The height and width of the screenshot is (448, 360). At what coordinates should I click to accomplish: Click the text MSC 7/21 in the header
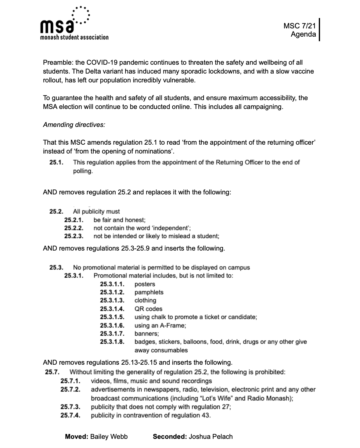pyautogui.click(x=299, y=26)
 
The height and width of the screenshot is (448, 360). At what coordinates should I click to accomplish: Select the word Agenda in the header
pyautogui.click(x=303, y=34)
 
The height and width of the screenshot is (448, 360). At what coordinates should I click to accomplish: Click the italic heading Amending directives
pyautogui.click(x=74, y=125)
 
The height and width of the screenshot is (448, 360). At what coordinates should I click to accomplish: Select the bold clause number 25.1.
pyautogui.click(x=56, y=162)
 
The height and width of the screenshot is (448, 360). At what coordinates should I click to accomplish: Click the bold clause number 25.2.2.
pyautogui.click(x=74, y=228)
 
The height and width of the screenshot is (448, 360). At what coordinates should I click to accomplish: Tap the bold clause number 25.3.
pyautogui.click(x=56, y=268)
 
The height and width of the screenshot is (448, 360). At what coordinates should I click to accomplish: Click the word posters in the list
pyautogui.click(x=145, y=284)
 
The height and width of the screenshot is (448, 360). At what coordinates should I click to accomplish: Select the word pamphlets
pyautogui.click(x=149, y=292)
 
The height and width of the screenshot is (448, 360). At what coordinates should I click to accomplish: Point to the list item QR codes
pyautogui.click(x=148, y=309)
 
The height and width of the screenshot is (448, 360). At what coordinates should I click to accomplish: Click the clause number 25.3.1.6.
pyautogui.click(x=112, y=325)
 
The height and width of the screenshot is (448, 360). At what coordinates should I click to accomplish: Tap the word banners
pyautogui.click(x=146, y=334)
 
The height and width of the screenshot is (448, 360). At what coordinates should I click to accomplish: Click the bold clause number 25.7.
pyautogui.click(x=52, y=372)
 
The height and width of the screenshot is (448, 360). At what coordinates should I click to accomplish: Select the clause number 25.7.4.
pyautogui.click(x=70, y=415)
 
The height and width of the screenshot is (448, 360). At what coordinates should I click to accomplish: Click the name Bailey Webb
pyautogui.click(x=109, y=437)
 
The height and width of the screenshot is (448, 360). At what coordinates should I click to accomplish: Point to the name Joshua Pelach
pyautogui.click(x=211, y=437)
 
